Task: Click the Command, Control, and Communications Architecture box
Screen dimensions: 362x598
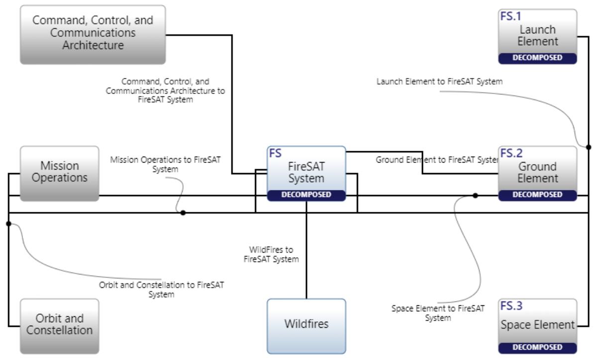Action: pyautogui.click(x=93, y=34)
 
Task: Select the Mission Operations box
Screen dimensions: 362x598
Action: pyautogui.click(x=59, y=172)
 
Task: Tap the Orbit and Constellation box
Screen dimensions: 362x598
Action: pyautogui.click(x=59, y=325)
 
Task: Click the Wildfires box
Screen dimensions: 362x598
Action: pyautogui.click(x=306, y=325)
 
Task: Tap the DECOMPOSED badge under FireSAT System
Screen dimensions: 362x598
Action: pyautogui.click(x=306, y=195)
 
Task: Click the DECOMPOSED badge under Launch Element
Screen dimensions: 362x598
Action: pyautogui.click(x=537, y=58)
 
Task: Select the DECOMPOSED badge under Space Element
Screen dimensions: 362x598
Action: pyautogui.click(x=537, y=348)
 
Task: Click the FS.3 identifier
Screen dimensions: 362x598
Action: pyautogui.click(x=511, y=306)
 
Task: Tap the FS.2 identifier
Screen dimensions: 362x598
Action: pyautogui.click(x=511, y=153)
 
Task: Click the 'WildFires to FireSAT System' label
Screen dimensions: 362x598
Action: pyautogui.click(x=271, y=254)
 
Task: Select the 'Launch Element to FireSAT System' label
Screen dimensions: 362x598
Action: pyautogui.click(x=439, y=82)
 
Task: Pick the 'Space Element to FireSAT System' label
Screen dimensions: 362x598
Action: pyautogui.click(x=438, y=313)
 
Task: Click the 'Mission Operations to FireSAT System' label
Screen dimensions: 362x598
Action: pyautogui.click(x=165, y=165)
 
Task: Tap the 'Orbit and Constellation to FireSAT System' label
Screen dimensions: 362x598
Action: pyautogui.click(x=162, y=289)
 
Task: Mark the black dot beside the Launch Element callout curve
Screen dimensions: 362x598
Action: pyautogui.click(x=589, y=147)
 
